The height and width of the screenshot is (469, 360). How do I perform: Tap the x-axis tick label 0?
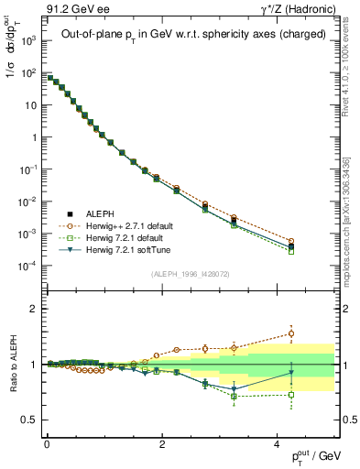coord(47,443)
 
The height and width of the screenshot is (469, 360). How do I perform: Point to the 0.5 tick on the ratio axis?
coord(31,420)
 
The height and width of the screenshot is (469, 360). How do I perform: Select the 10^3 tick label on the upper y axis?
coord(29,41)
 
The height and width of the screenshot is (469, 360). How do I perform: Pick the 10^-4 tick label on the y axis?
coord(29,266)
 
